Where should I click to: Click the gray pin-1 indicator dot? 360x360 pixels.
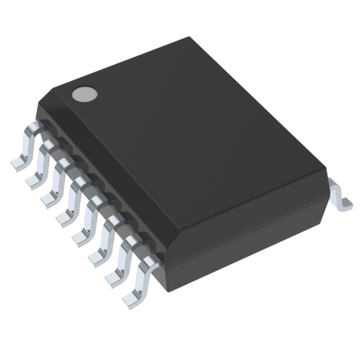tap(83, 94)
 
